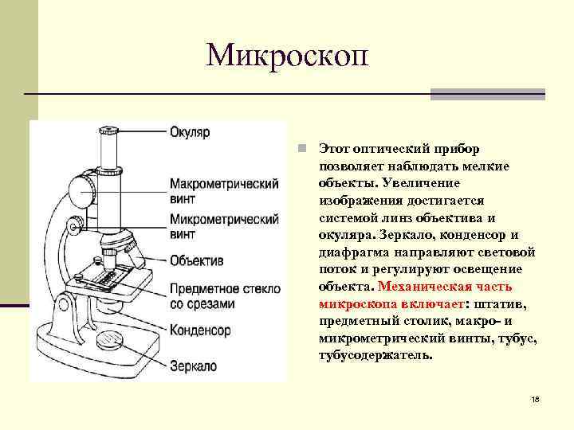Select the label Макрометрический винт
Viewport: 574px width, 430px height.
coord(223,190)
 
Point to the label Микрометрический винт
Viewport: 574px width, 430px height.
coord(223,226)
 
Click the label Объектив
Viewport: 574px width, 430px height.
coord(196,260)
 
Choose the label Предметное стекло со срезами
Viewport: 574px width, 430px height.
coord(224,295)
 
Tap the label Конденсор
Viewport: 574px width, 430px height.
coord(200,330)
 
